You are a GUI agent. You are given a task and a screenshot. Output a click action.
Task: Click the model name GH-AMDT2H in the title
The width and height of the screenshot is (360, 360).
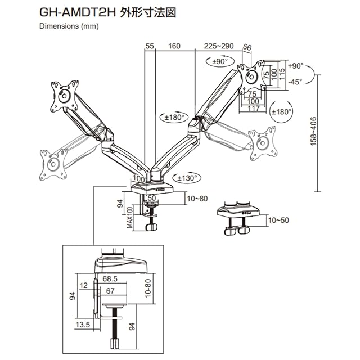click(77, 13)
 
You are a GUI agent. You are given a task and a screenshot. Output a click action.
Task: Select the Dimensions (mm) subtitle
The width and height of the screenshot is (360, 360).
click(69, 26)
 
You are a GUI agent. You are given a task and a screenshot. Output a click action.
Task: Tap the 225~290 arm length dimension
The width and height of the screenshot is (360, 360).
click(219, 46)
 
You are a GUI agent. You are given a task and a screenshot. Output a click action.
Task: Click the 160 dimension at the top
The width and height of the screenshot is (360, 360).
click(174, 46)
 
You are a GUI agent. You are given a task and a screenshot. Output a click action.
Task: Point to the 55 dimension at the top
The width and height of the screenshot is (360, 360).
click(150, 46)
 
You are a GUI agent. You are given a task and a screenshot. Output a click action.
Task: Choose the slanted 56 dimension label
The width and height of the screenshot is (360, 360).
click(247, 47)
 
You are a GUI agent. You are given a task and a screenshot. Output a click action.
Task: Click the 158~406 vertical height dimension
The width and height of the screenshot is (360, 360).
click(313, 131)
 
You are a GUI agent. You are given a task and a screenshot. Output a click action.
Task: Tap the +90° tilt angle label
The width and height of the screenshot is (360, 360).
click(296, 66)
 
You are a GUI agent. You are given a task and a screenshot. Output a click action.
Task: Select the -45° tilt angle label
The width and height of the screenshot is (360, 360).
click(295, 82)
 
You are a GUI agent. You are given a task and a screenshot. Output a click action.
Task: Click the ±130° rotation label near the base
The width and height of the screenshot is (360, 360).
click(187, 178)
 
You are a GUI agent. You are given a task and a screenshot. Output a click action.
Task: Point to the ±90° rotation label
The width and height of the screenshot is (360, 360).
click(220, 61)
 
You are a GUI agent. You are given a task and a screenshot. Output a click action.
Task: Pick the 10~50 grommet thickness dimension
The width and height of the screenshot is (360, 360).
click(278, 220)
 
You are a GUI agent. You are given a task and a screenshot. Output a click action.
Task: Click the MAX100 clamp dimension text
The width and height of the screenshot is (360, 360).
click(130, 217)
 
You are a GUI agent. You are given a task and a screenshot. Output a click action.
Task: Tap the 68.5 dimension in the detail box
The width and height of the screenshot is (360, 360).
click(110, 279)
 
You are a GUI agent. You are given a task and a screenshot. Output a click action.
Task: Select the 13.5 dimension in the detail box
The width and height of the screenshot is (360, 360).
click(83, 325)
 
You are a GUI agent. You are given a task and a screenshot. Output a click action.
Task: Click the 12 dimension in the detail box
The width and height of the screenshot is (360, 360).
click(84, 285)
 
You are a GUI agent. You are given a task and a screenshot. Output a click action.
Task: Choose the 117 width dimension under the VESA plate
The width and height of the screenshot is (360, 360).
click(254, 109)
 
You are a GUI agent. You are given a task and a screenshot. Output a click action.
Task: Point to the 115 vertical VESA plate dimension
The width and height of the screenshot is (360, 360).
click(282, 74)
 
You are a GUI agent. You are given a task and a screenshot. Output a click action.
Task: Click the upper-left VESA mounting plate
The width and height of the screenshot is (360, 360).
click(65, 96)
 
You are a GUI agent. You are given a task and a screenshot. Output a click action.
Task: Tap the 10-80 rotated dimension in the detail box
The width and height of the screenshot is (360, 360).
click(148, 288)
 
